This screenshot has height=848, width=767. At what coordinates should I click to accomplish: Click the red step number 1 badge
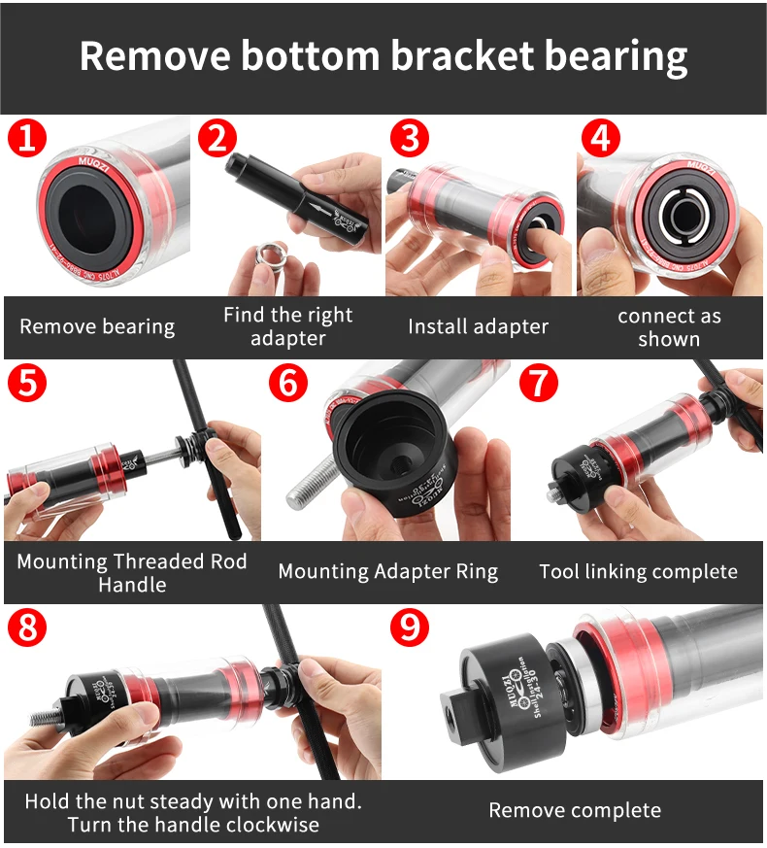[x=26, y=138]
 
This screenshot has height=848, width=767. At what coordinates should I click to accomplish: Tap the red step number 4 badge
[x=600, y=138]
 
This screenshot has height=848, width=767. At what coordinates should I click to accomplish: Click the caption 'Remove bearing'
[x=97, y=326]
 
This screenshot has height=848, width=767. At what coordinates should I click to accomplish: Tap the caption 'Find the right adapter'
[x=287, y=326]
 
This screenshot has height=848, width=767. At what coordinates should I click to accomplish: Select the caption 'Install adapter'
[x=478, y=326]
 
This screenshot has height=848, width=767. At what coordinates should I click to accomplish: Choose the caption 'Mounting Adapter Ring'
[x=387, y=571]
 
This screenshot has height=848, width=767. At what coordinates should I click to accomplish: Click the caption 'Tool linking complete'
[x=638, y=571]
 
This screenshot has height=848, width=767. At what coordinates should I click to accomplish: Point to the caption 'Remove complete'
[x=575, y=810]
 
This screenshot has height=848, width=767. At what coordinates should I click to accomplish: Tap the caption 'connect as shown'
[x=669, y=326]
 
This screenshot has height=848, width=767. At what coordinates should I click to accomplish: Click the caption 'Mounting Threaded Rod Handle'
[x=132, y=572]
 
